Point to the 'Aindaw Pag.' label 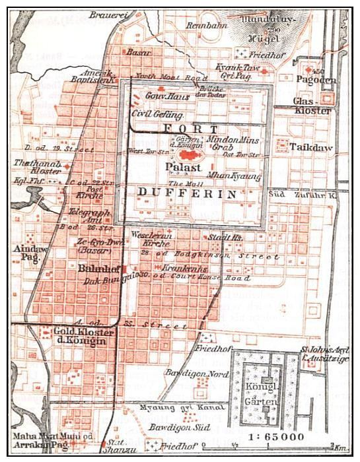click(26, 253)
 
